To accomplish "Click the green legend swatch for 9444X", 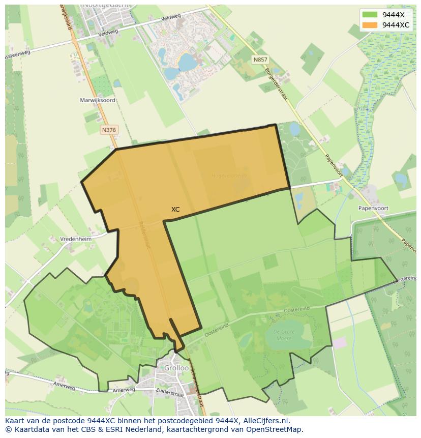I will pyautogui.click(x=370, y=15).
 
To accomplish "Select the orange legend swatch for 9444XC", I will pyautogui.click(x=370, y=25).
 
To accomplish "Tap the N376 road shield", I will pyautogui.click(x=109, y=130).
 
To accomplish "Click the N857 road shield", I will pyautogui.click(x=260, y=60).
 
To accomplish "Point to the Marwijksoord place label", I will pyautogui.click(x=98, y=100).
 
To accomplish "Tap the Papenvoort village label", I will pyautogui.click(x=373, y=208).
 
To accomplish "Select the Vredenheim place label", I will pyautogui.click(x=75, y=239).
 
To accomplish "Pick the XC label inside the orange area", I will pyautogui.click(x=175, y=209).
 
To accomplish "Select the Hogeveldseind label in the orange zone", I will pyautogui.click(x=229, y=176).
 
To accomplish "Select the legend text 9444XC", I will pyautogui.click(x=396, y=25).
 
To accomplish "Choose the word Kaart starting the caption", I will pyautogui.click(x=15, y=421).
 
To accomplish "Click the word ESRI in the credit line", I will pyautogui.click(x=107, y=429).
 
